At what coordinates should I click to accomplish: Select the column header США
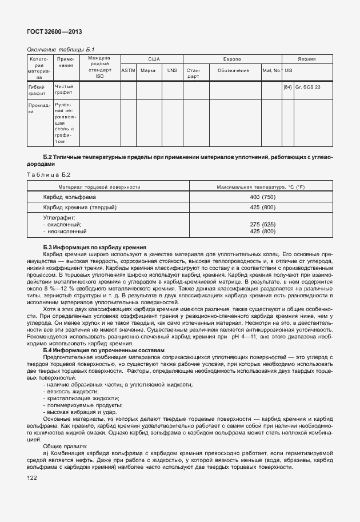point(154,59)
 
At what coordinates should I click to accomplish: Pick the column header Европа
point(231,59)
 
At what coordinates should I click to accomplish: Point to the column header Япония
point(307,59)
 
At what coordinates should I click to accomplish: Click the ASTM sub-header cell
point(128,70)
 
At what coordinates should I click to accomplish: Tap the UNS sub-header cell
point(171,70)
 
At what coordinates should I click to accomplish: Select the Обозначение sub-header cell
point(233,70)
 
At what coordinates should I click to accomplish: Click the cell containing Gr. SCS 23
point(308,87)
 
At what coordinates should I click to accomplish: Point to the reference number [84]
point(287,87)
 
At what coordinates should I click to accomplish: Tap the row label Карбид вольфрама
point(70,197)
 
